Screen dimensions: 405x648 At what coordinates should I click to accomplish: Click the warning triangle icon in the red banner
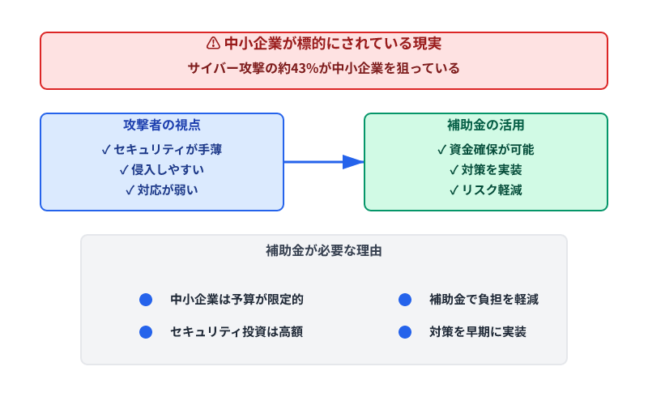point(213,43)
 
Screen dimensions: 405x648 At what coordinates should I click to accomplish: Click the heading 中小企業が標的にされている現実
point(332,43)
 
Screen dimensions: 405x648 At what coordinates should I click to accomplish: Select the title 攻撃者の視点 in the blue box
point(162,126)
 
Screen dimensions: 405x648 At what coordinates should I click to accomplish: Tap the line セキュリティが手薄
point(162,149)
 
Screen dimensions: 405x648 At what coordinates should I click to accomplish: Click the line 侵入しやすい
point(162,169)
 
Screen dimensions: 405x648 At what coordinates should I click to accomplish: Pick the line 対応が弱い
point(162,190)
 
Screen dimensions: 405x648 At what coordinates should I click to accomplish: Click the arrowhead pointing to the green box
point(353,162)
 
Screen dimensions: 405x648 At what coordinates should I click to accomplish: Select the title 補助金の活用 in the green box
point(486,126)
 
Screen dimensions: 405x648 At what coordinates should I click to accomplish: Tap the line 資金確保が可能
point(486,149)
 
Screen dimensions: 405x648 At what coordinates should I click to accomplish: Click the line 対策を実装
point(486,169)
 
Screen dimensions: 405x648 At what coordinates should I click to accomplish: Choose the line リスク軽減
point(486,190)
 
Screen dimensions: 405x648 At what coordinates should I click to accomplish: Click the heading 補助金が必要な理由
point(324,251)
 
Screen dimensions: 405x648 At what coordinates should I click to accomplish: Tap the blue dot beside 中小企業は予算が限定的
point(146,300)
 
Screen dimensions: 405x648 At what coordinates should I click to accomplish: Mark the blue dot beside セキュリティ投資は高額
point(146,332)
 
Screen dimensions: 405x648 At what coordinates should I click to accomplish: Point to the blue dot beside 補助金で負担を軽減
point(405,300)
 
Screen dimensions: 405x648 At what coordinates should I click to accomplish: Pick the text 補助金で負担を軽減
point(484,300)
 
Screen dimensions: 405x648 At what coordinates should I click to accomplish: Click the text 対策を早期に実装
point(478,332)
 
